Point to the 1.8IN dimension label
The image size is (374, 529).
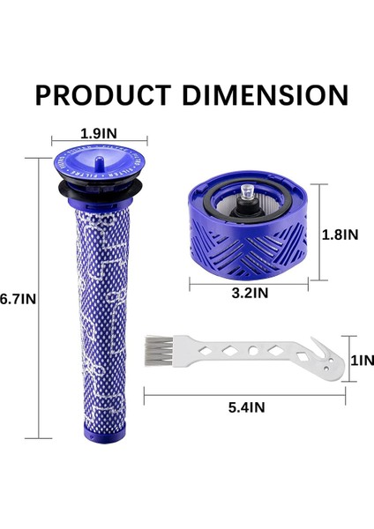(340, 236)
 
